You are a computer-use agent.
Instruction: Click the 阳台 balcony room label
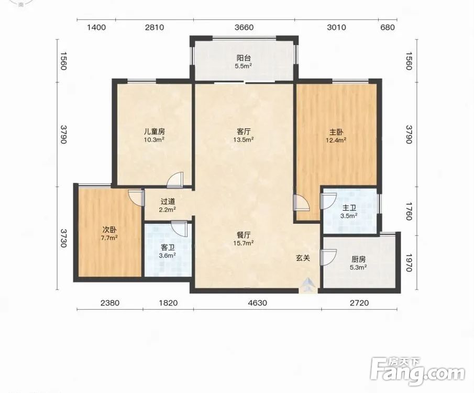(244, 58)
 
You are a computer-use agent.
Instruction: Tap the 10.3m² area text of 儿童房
(154, 139)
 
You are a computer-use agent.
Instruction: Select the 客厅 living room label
(244, 132)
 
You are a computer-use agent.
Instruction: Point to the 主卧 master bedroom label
(336, 132)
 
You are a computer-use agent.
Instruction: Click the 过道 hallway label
(168, 202)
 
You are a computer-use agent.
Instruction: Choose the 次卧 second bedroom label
(109, 230)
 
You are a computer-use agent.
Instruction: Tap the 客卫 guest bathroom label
(168, 248)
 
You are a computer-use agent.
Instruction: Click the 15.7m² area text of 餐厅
(244, 243)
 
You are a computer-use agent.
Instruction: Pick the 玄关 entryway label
(303, 258)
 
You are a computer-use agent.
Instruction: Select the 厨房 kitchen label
(359, 259)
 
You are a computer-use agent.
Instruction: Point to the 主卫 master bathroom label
(349, 208)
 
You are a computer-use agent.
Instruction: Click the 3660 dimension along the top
(244, 28)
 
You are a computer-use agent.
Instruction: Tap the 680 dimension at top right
(388, 28)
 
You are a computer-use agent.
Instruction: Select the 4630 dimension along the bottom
(258, 302)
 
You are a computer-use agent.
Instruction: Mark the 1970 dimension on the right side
(409, 263)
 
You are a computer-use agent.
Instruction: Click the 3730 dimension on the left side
(63, 238)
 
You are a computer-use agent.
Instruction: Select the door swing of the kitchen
(328, 257)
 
